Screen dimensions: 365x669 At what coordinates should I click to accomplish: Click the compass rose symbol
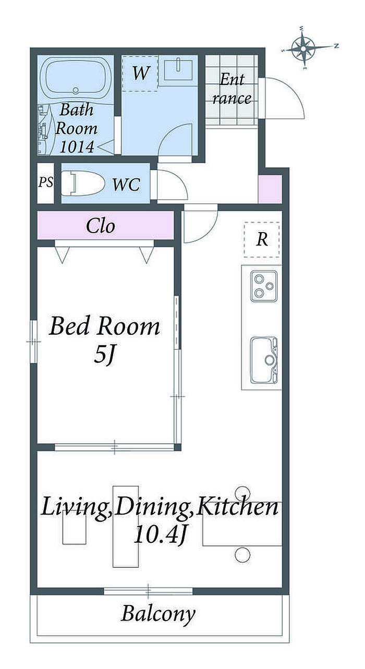[303, 48]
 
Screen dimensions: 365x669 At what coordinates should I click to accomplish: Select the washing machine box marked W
[140, 73]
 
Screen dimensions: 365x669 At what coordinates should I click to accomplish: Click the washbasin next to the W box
[178, 69]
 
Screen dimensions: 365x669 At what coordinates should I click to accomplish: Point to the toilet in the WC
[83, 184]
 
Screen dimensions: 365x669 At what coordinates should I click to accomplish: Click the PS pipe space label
[46, 182]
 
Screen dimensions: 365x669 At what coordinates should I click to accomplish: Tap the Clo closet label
[100, 226]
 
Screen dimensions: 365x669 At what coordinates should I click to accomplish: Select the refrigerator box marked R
[262, 239]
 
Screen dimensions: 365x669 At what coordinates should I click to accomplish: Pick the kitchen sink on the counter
[264, 360]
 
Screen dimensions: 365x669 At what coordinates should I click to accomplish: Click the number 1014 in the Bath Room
[77, 147]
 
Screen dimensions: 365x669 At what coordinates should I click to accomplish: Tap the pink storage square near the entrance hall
[270, 189]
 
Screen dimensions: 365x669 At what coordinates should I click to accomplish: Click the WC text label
[126, 185]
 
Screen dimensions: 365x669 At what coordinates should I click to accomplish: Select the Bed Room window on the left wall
[34, 342]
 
